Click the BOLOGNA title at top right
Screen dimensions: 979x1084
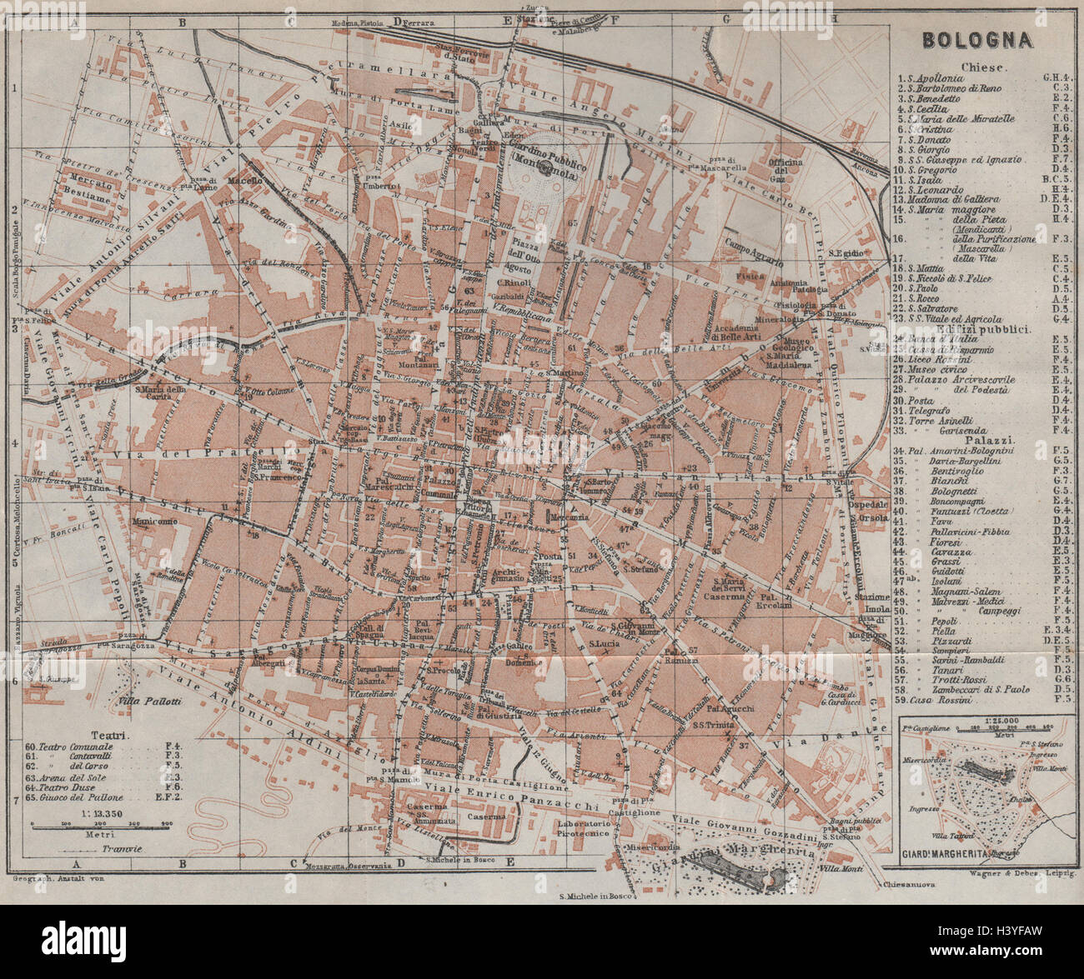pos(976,40)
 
